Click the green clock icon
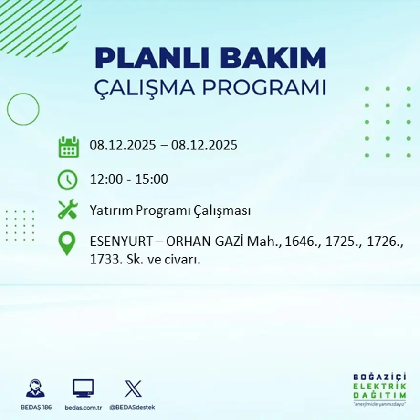click(x=67, y=180)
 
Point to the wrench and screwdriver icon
click(x=67, y=210)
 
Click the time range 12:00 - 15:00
click(x=129, y=179)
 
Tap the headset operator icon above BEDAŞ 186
click(x=35, y=388)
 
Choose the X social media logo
click(x=133, y=388)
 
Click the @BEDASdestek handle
click(x=132, y=407)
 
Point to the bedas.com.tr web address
click(x=83, y=407)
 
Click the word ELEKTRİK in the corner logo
click(x=380, y=386)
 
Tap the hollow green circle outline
click(x=23, y=109)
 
